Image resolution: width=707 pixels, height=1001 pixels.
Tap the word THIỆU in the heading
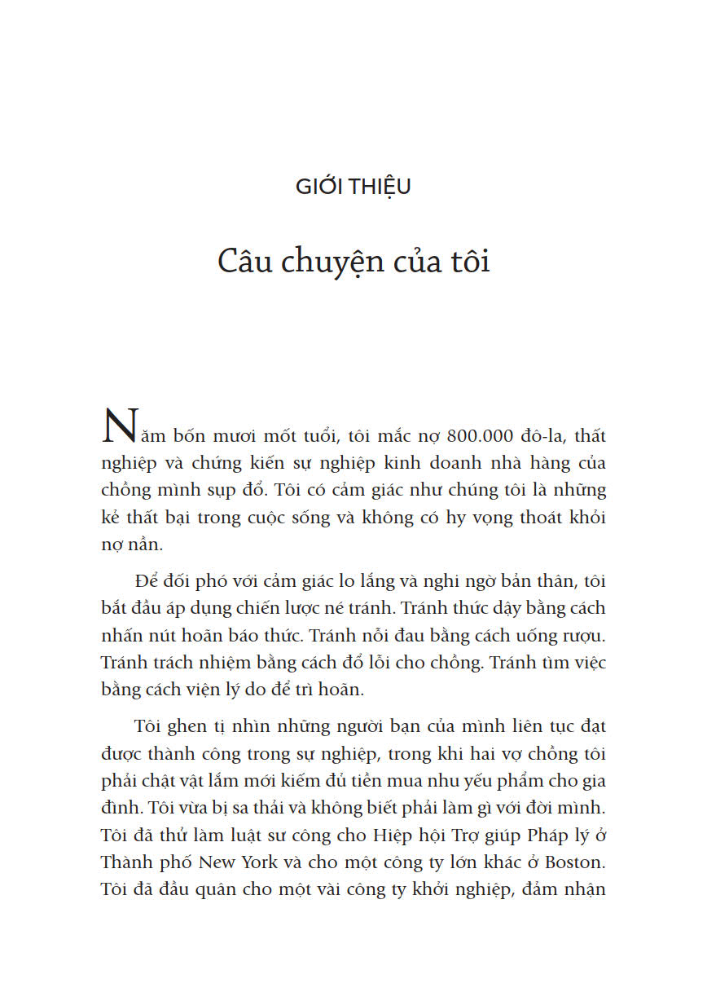pyautogui.click(x=381, y=187)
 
